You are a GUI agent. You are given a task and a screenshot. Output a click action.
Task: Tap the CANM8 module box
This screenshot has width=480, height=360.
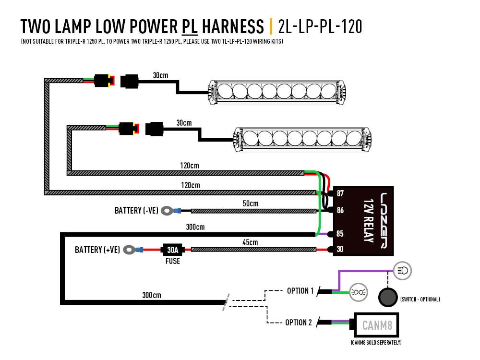377,326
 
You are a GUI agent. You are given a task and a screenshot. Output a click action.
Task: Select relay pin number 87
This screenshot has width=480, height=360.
340,193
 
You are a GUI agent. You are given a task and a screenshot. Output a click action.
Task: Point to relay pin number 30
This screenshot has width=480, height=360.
340,250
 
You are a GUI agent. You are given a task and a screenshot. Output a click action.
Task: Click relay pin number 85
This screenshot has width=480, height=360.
340,234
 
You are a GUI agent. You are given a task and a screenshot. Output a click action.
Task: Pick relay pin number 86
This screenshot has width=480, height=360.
340,210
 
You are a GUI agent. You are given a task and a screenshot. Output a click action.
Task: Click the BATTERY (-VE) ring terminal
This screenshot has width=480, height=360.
167,210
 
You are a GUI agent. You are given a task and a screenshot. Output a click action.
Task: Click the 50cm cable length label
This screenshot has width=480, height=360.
250,204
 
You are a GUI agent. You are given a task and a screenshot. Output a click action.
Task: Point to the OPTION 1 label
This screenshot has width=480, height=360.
300,291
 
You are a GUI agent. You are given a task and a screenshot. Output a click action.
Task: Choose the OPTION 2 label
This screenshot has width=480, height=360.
299,322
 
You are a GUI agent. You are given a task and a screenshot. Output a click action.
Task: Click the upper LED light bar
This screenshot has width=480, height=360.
277,91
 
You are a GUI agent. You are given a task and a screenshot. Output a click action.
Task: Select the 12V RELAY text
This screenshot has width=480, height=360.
369,220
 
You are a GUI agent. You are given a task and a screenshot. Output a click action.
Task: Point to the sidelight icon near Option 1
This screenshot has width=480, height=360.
358,292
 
